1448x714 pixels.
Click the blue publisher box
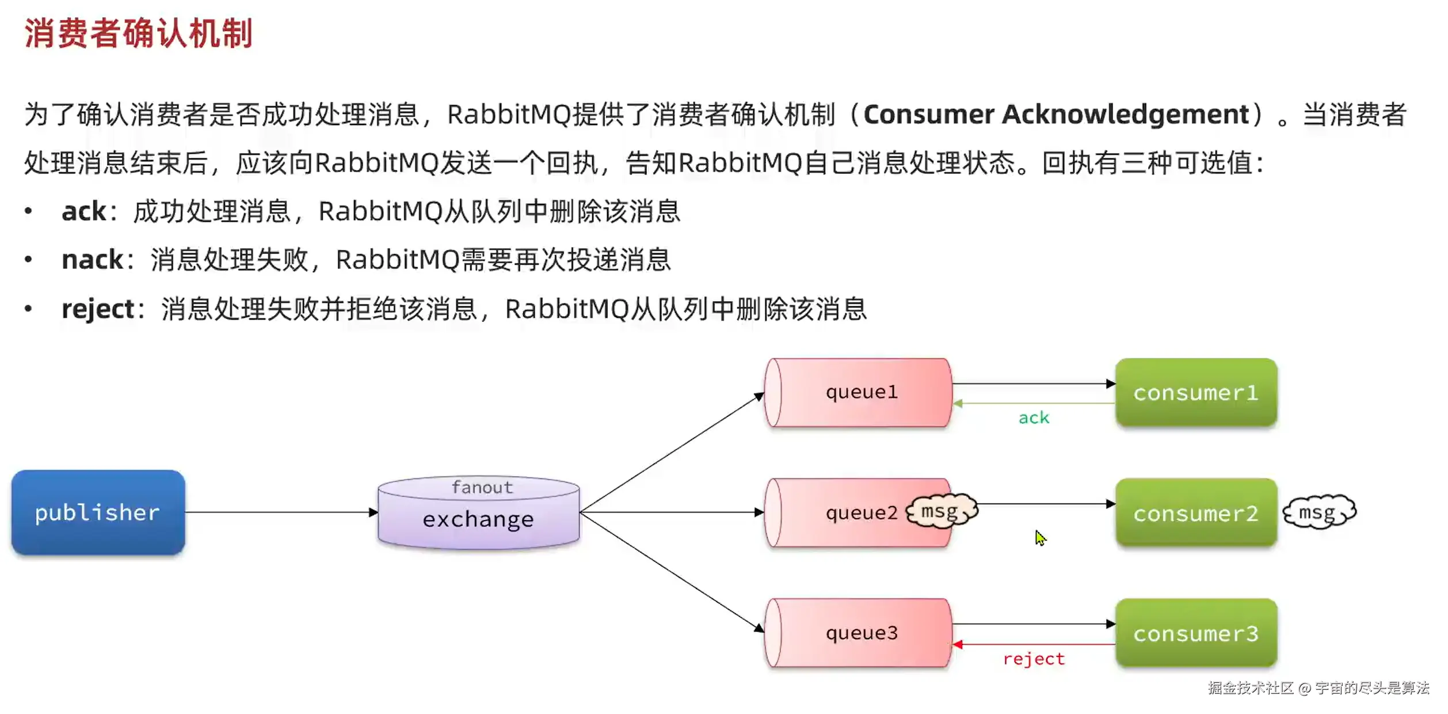coord(98,512)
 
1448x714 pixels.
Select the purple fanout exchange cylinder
coord(479,512)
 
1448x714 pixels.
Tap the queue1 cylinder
coord(858,392)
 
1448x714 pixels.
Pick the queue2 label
coord(862,512)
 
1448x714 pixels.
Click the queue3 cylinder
coord(858,633)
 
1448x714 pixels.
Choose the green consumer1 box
coord(1196,392)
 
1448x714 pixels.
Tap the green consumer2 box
coord(1196,512)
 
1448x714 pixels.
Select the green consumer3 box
coord(1196,633)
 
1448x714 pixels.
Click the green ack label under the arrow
coord(1034,417)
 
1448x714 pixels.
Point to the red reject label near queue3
coord(1034,659)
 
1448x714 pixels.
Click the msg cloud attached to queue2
coord(942,511)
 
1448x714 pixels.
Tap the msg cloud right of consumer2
coord(1319,511)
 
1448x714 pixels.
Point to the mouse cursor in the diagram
coord(1040,538)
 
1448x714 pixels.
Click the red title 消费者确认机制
coord(139,33)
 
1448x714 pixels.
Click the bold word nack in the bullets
coord(92,260)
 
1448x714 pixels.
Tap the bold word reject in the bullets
coord(98,309)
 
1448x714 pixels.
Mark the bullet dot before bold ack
coord(28,211)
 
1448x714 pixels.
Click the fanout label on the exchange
coord(482,487)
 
